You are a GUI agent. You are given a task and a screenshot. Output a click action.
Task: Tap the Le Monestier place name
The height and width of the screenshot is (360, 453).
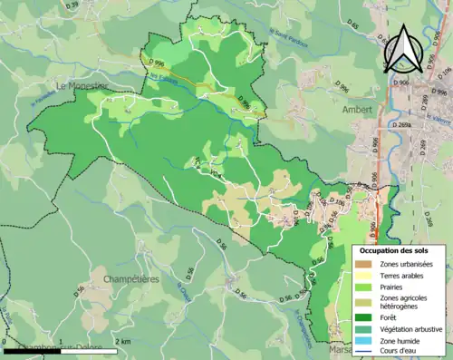pyautogui.click(x=82, y=86)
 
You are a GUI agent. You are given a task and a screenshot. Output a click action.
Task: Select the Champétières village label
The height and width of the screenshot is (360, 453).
pyautogui.click(x=131, y=278)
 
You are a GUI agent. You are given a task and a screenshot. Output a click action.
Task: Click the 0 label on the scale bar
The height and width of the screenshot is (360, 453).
pyautogui.click(x=6, y=341)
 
